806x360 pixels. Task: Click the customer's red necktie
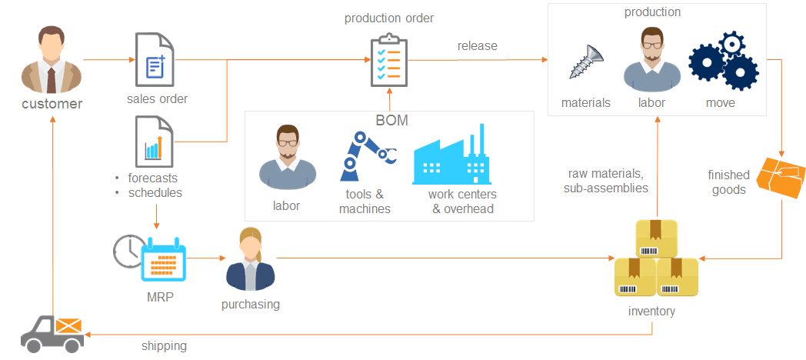52,78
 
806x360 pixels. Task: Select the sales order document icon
155,60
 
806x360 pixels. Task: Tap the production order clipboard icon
389,60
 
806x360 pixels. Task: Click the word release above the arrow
478,46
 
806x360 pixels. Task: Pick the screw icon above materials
587,62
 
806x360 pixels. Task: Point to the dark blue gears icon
724,61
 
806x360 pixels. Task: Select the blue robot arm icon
368,156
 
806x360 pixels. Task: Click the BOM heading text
391,120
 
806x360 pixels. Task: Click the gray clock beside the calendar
128,251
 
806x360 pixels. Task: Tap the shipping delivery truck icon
52,334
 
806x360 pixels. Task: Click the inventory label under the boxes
651,311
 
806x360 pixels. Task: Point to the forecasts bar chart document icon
155,142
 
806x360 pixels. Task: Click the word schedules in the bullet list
155,193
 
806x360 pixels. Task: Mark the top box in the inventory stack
657,238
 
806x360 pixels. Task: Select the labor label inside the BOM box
286,205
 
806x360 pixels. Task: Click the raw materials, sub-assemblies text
606,181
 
